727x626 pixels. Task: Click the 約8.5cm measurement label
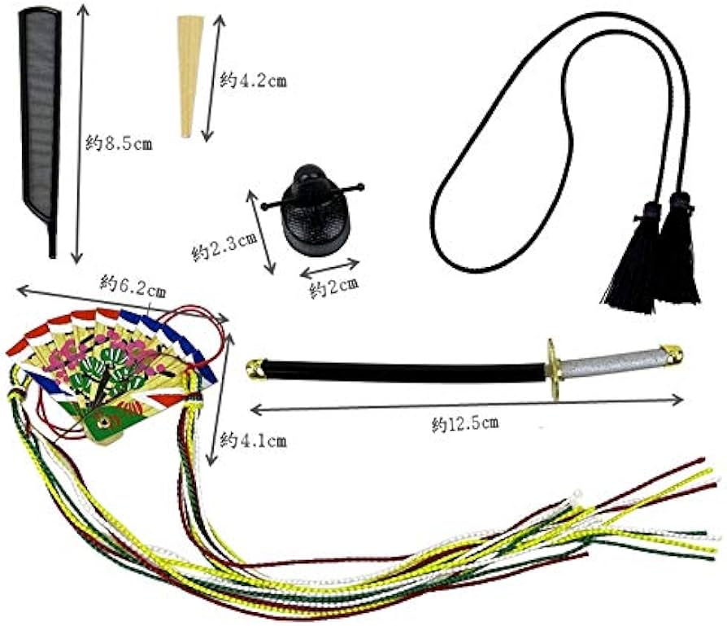(119, 145)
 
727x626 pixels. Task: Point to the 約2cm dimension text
(333, 287)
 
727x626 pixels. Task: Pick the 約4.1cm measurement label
(254, 441)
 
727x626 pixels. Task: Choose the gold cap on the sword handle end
(673, 354)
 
